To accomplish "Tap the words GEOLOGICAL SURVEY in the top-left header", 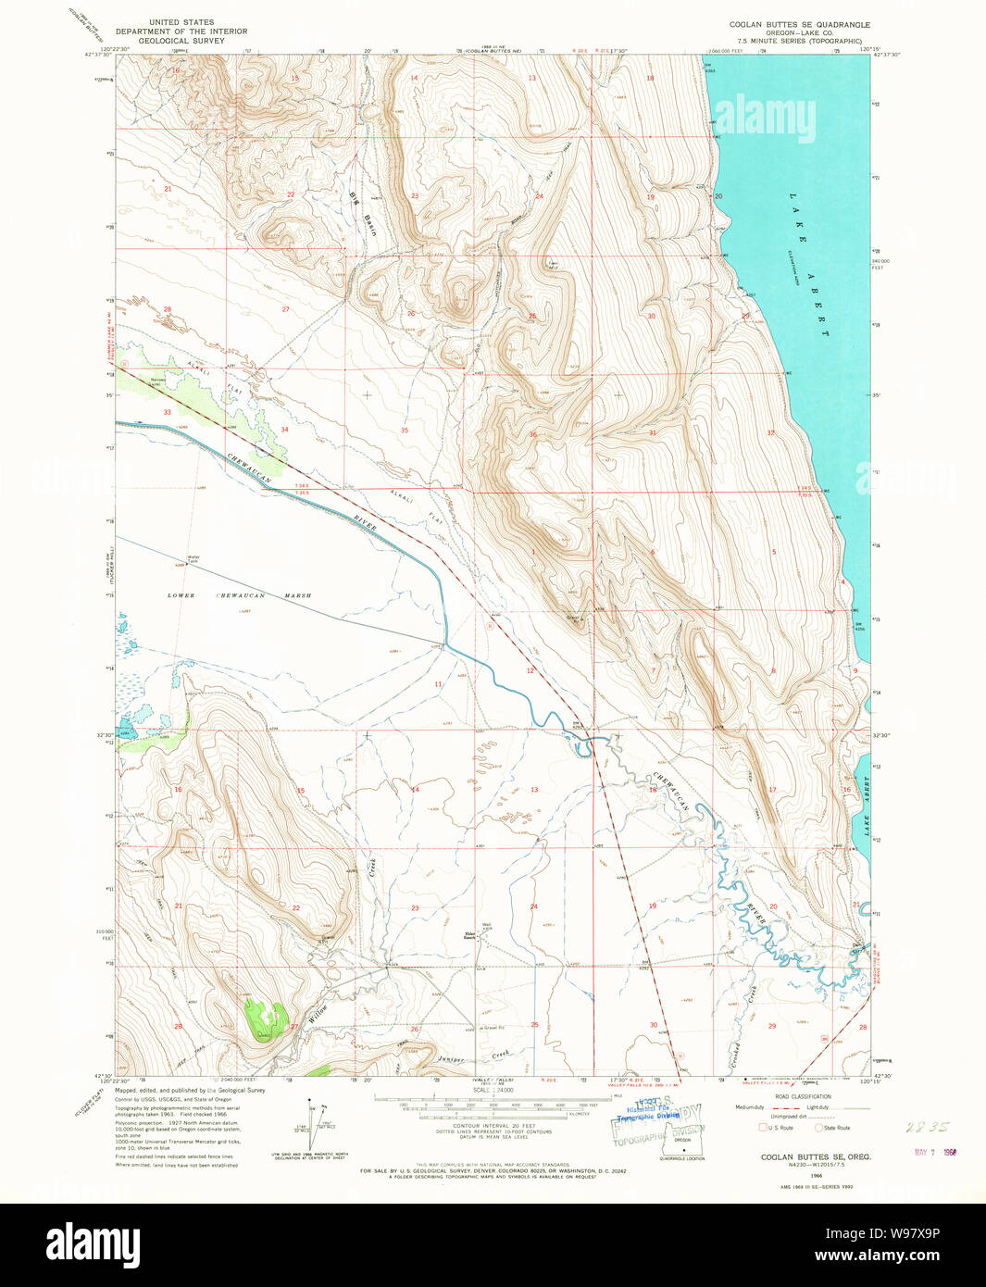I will pos(181,41).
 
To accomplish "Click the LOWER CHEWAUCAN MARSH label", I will pos(239,595).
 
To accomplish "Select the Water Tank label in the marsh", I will pos(193,558).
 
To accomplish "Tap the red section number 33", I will pos(168,411).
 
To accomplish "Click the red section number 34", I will pos(284,430).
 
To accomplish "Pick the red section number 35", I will pos(405,430).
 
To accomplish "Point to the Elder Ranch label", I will pos(469,935).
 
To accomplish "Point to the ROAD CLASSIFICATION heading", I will pos(803,1096).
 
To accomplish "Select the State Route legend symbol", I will pos(818,1128).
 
